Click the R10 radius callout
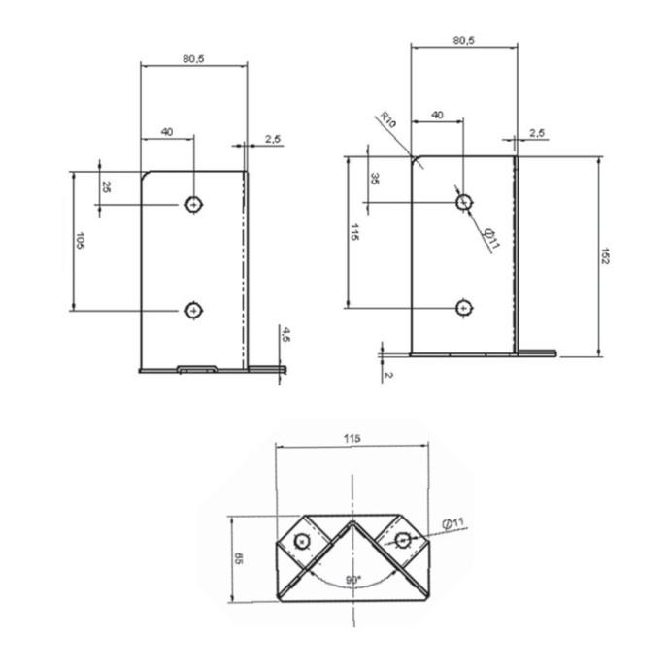[388, 119]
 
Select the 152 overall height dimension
[605, 256]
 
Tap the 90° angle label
[353, 580]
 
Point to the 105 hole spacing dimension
[80, 241]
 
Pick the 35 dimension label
[374, 179]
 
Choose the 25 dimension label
[106, 186]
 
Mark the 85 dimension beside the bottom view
[239, 559]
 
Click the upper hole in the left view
[193, 205]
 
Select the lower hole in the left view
[193, 310]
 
